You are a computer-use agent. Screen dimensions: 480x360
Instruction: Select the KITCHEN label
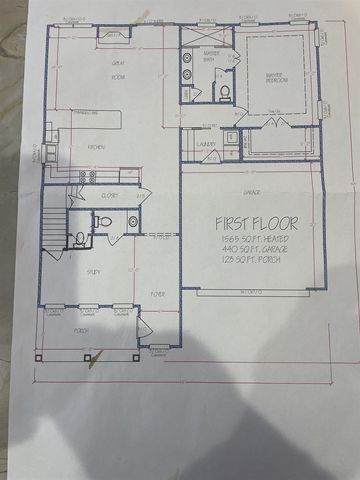(96, 148)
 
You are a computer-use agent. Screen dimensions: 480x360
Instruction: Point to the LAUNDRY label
(207, 144)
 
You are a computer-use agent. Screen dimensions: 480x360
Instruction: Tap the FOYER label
(158, 293)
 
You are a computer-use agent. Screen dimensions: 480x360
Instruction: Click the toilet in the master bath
(225, 92)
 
